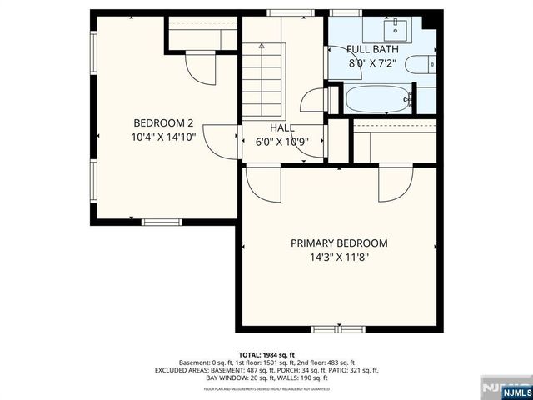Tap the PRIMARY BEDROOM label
pos(339,243)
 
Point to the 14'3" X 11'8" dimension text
pos(339,257)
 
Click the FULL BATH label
pos(372,49)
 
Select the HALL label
pos(281,127)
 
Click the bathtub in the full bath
pos(379,100)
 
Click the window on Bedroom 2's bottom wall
pos(161,222)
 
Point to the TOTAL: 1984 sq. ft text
pos(266,354)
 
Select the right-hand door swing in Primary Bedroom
pos(394,183)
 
